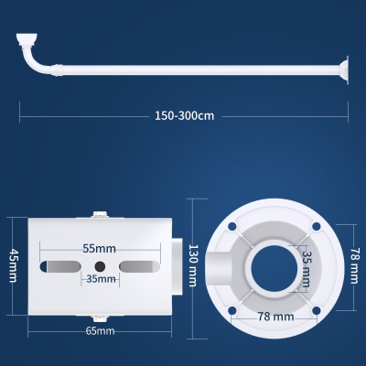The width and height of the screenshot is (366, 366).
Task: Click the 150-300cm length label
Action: [185, 116]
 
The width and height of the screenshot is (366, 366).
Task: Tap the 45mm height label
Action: [13, 265]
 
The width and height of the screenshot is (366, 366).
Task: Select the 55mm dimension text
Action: [100, 249]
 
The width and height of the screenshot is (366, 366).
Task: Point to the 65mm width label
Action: [100, 330]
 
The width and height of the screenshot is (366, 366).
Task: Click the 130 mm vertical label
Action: [193, 265]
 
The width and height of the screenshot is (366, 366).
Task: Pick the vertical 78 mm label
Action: [354, 264]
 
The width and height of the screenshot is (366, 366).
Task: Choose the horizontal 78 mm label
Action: [275, 317]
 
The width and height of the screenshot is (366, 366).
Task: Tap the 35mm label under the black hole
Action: [101, 279]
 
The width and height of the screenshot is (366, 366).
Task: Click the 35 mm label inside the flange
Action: [307, 269]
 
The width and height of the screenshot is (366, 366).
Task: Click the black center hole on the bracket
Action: [100, 266]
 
